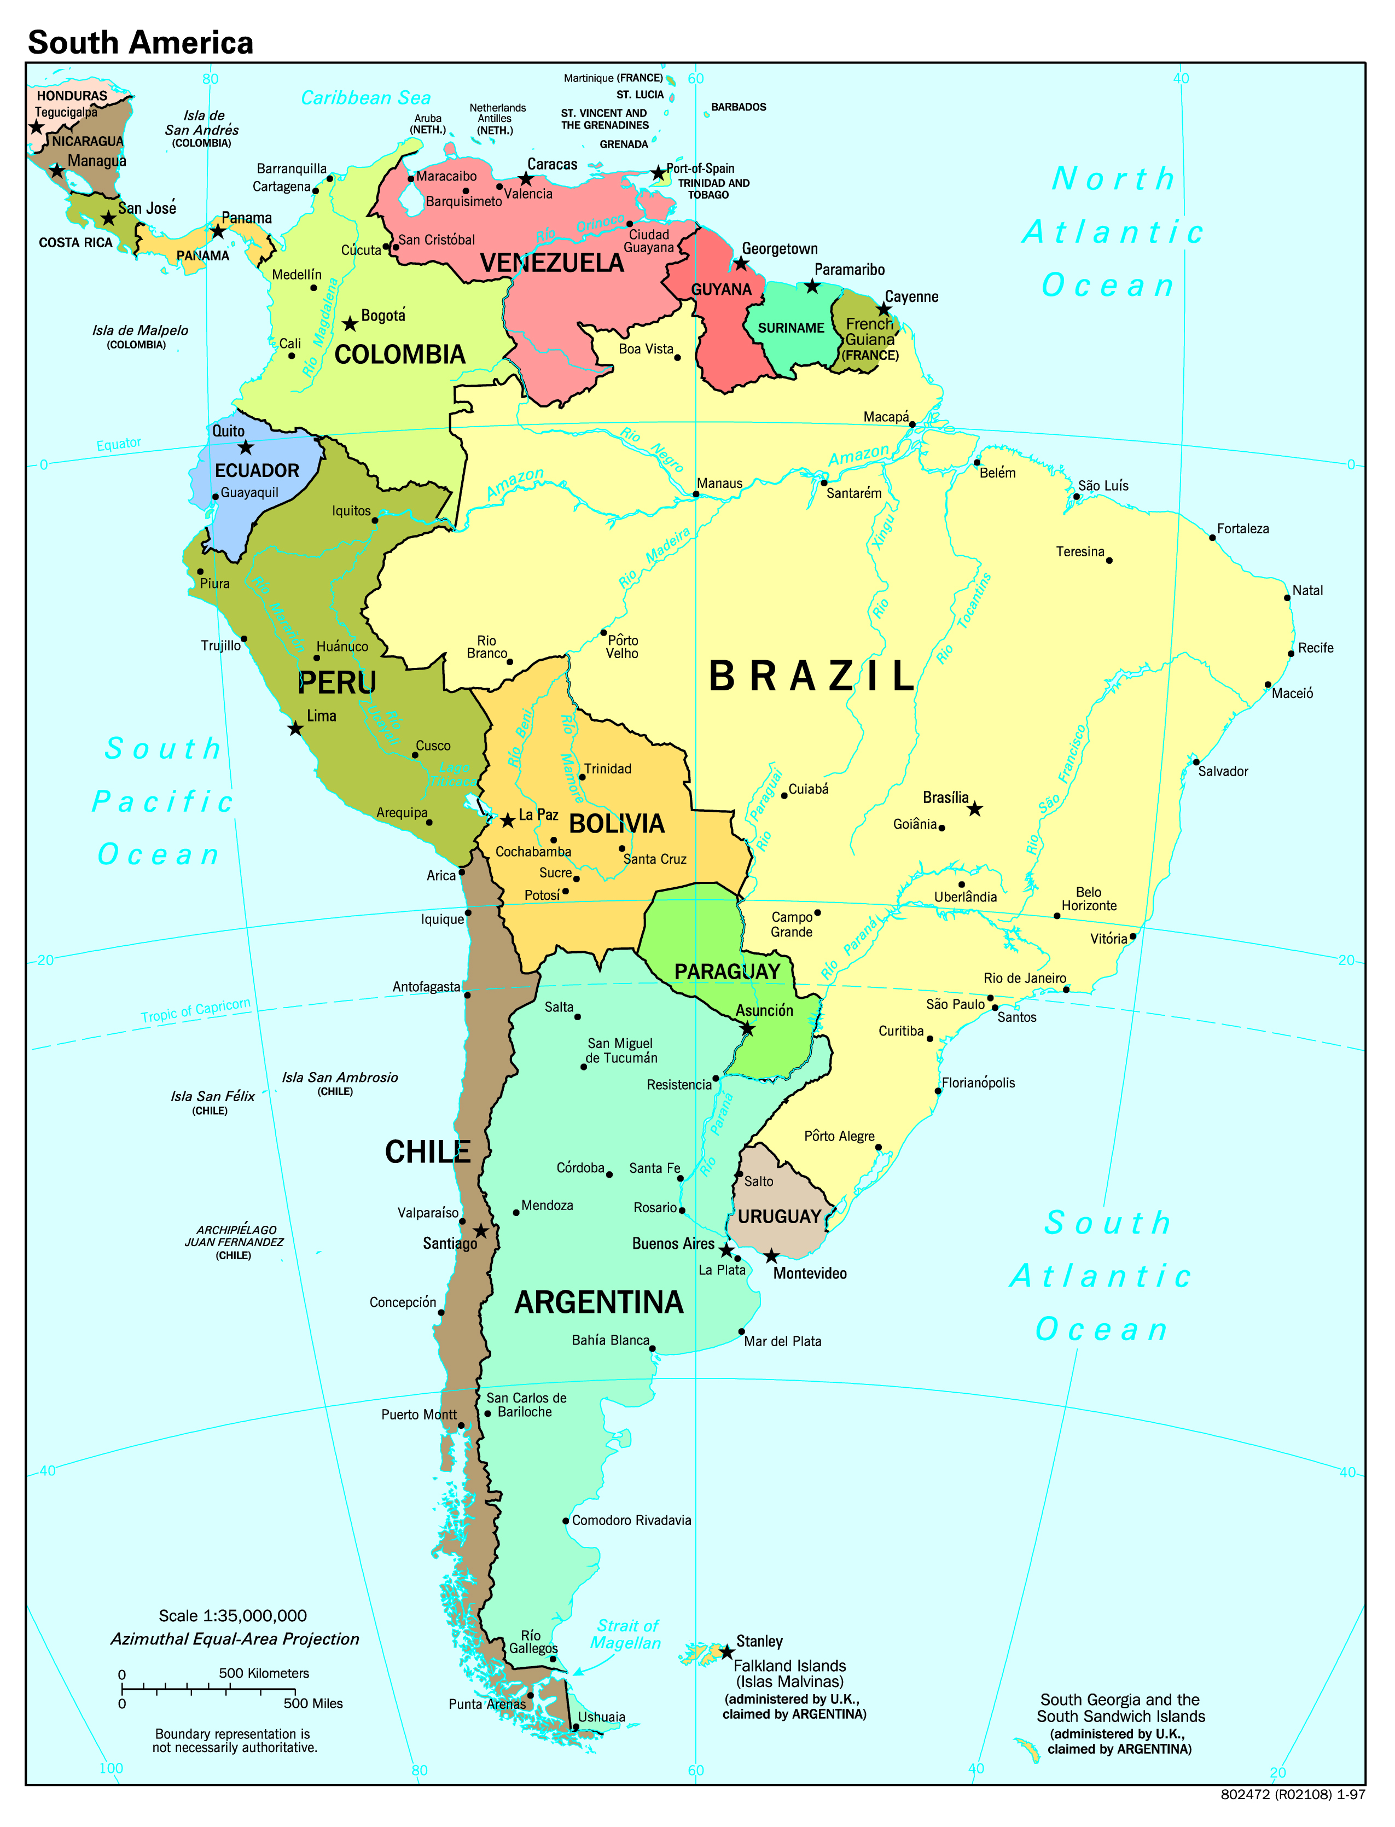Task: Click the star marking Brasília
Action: pos(975,808)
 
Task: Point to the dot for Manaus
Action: pos(696,494)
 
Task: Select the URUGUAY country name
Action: pos(779,1217)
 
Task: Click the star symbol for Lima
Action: pos(295,729)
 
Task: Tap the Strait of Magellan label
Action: pos(626,1634)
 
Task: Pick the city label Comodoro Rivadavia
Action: pos(631,1521)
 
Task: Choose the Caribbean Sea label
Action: pos(365,98)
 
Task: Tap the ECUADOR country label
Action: pos(257,470)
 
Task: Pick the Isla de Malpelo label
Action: pos(139,330)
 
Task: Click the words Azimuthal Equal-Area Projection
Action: pos(235,1639)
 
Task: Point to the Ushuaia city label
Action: pos(601,1718)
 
